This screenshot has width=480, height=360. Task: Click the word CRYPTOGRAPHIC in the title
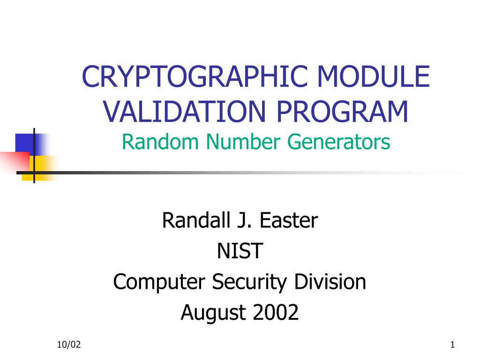click(x=195, y=76)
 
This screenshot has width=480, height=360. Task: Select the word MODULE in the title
click(x=374, y=76)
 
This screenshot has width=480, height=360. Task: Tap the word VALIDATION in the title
click(x=184, y=112)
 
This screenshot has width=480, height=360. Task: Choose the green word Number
click(x=243, y=142)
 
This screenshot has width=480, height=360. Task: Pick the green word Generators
click(x=339, y=142)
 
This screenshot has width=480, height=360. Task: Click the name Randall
click(x=196, y=220)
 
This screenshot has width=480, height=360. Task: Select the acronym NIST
click(x=240, y=251)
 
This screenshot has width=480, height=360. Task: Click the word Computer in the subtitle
click(x=159, y=282)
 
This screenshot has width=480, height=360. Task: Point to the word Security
click(x=249, y=282)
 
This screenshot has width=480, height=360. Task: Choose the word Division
click(x=330, y=282)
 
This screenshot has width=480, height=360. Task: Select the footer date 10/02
click(x=69, y=345)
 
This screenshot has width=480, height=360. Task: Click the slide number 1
click(x=452, y=345)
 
